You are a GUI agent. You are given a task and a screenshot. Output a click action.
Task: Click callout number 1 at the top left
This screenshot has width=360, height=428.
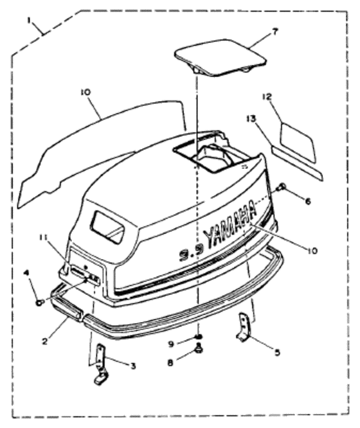30,20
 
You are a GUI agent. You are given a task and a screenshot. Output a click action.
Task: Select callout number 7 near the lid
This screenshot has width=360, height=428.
274,31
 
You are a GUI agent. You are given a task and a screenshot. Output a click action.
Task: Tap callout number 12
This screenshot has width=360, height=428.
267,96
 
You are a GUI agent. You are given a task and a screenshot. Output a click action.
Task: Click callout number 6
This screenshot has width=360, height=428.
307,201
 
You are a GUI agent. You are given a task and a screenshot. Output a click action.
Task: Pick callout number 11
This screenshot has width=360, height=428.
43,238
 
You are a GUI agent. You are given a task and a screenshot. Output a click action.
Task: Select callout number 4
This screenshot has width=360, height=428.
26,272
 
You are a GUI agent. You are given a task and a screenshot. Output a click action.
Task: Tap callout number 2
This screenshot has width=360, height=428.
44,341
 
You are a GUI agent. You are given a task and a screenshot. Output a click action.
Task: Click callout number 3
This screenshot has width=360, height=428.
133,366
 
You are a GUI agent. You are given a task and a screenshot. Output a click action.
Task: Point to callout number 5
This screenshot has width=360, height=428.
277,352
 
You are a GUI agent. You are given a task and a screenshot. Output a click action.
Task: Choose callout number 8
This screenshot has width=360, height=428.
170,362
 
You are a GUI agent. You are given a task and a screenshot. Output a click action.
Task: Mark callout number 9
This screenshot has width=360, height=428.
171,344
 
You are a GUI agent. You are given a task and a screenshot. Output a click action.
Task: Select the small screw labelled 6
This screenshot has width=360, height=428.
281,188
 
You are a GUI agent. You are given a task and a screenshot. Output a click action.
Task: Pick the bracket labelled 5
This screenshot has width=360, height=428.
244,326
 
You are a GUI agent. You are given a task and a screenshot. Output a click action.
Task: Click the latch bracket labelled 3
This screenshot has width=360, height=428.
100,363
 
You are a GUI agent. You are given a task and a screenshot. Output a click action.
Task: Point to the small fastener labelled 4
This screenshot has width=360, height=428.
40,302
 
